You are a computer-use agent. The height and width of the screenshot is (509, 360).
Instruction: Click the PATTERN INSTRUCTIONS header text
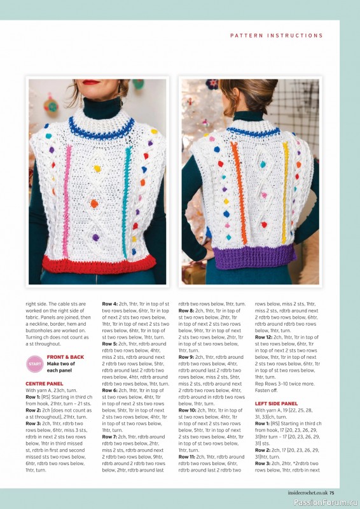[276, 36]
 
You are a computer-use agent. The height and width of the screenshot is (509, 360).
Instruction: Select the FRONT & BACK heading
[65, 357]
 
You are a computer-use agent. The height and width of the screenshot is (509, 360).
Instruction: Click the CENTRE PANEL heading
[44, 384]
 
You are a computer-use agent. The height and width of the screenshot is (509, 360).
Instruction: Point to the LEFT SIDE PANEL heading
[276, 403]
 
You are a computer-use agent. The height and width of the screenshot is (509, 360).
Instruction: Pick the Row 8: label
[186, 310]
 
